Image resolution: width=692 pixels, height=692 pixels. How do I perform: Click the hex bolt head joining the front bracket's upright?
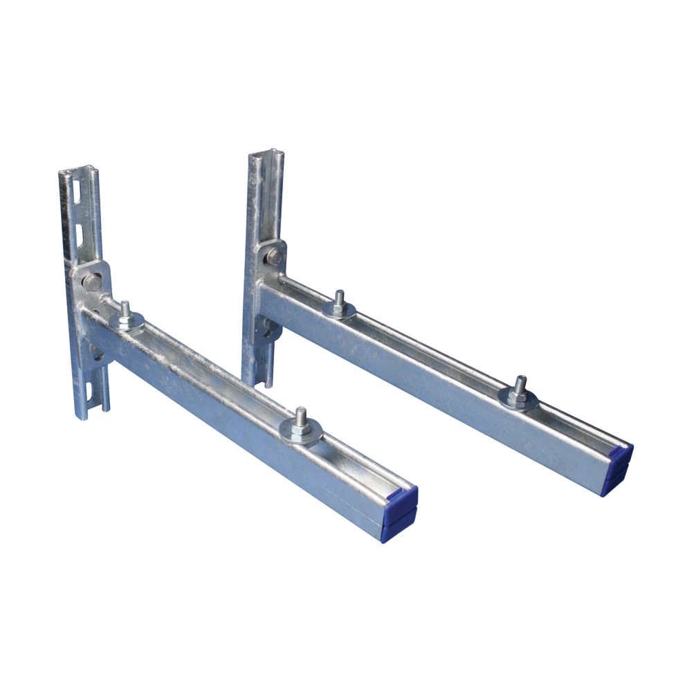pyautogui.click(x=91, y=281)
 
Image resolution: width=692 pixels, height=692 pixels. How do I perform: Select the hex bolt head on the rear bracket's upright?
pyautogui.click(x=275, y=257)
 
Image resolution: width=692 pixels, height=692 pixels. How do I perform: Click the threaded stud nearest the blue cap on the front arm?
pyautogui.click(x=300, y=418)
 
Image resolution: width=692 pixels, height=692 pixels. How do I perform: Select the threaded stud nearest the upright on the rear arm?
pyautogui.click(x=339, y=300)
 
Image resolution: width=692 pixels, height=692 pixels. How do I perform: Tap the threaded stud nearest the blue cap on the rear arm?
pyautogui.click(x=520, y=385)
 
